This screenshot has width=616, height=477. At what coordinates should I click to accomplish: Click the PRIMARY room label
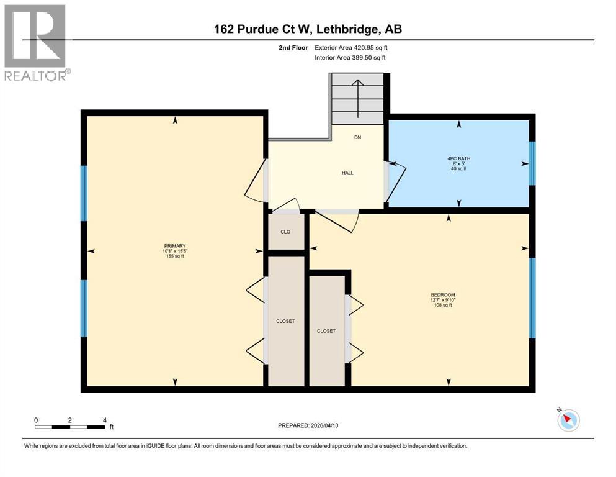(x=175, y=245)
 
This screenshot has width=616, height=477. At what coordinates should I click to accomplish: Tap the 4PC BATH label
(x=458, y=159)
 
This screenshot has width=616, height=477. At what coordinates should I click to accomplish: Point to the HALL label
(x=347, y=173)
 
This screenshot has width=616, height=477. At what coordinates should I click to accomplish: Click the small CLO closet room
(x=285, y=231)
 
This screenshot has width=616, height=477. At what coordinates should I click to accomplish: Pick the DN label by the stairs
(x=357, y=137)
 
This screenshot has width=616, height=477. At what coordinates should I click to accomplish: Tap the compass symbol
(x=568, y=420)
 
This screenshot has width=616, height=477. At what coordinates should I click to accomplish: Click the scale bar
(x=70, y=427)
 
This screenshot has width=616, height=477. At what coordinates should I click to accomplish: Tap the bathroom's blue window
(x=532, y=163)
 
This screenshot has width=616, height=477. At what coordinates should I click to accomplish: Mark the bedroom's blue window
(x=532, y=298)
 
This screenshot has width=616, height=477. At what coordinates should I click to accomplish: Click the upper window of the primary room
(x=84, y=193)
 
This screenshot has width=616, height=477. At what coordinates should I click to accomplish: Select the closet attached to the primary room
(x=285, y=321)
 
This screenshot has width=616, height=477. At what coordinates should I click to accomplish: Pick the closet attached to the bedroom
(x=326, y=330)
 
